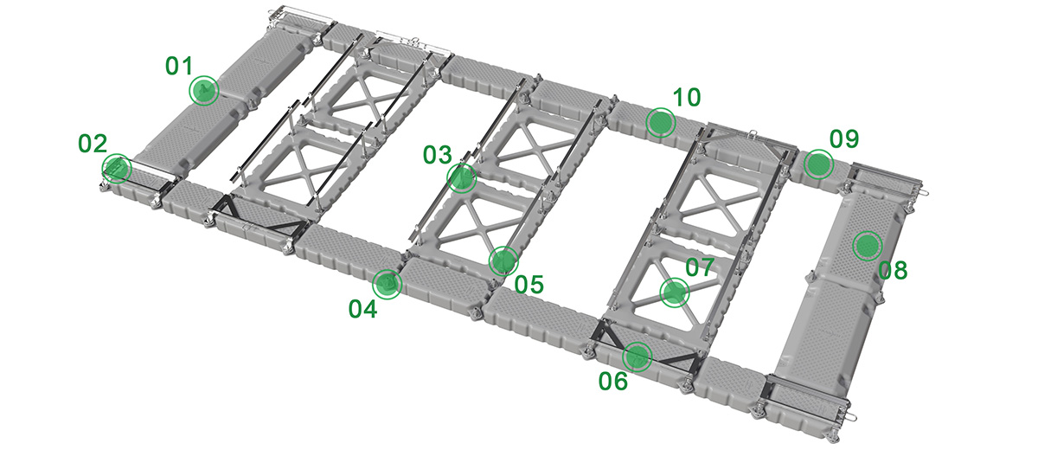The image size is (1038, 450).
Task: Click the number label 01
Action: coord(178,66)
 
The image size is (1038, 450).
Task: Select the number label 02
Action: coord(93,144)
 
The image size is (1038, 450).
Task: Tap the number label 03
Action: coord(437,155)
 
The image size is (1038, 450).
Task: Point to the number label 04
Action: coord(362,309)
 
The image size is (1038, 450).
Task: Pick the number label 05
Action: coord(529,285)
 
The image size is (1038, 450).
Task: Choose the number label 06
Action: coord(613,382)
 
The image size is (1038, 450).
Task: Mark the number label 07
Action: coord(700,267)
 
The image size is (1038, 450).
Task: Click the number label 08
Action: coord(893,271)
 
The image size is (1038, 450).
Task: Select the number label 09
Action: coord(844,139)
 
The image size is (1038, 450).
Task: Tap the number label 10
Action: coord(687,98)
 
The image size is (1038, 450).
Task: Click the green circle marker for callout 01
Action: coord(204,90)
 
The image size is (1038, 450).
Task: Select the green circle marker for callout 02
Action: coord(116,169)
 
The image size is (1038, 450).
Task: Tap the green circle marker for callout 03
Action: coord(461,178)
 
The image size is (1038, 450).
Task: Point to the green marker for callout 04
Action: coord(387,284)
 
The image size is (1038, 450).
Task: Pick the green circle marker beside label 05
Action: coord(503,261)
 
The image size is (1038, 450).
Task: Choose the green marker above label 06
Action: coord(638,357)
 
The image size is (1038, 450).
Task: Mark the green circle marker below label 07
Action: coord(674,292)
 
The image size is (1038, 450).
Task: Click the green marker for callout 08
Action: coord(867,246)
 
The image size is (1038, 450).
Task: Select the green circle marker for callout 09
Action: coord(818,164)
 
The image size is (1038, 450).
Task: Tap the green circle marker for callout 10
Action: coord(661,122)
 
